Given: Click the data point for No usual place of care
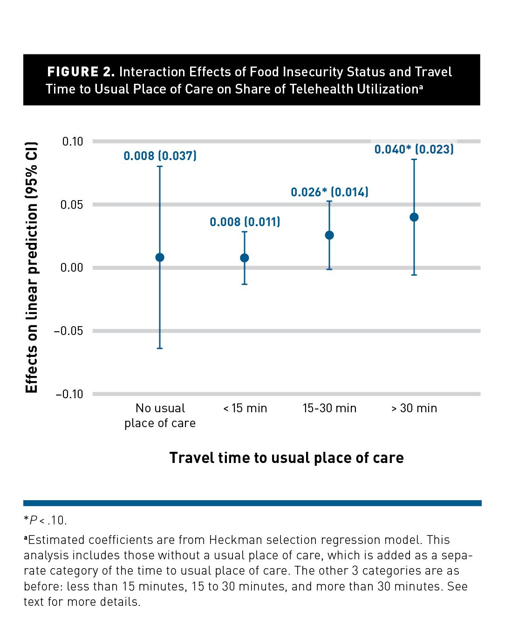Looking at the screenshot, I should tap(160, 257).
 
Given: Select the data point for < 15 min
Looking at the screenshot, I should tap(245, 258).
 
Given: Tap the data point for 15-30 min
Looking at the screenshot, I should tap(329, 235).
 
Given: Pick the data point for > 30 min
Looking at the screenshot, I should tap(414, 217).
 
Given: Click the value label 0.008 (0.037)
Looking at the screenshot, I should tap(160, 156).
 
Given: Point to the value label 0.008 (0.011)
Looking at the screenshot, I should tap(245, 222).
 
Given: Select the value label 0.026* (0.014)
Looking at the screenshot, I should tap(329, 192).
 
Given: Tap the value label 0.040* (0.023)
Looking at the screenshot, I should tap(414, 149).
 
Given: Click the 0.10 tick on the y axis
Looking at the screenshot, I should tap(73, 141).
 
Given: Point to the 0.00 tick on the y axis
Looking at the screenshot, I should tap(72, 268).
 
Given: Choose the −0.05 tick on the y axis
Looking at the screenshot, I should tap(68, 331).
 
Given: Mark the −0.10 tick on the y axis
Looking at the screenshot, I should tap(69, 394).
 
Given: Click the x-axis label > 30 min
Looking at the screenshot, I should tap(414, 409).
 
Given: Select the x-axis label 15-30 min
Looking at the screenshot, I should tap(329, 409).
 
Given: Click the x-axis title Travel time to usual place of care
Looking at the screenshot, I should tap(286, 458).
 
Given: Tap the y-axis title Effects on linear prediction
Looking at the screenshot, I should tap(31, 268).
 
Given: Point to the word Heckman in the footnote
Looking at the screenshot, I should tap(232, 540).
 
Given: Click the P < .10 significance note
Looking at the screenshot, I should tap(46, 520).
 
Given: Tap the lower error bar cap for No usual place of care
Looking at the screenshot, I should tap(160, 348).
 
